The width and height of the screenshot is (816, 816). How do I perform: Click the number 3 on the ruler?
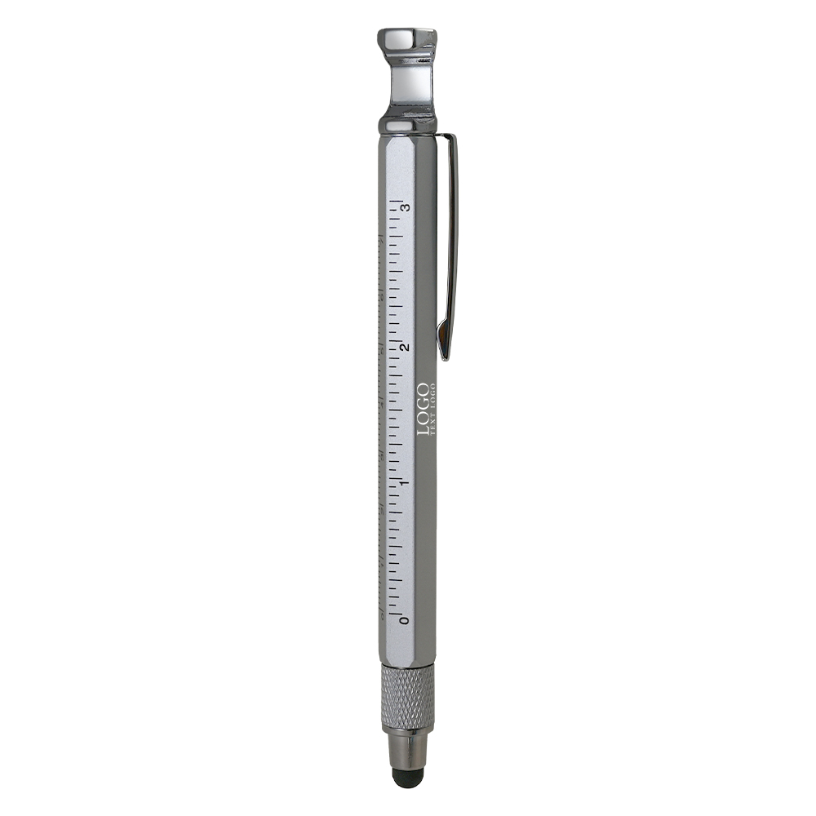tap(405, 206)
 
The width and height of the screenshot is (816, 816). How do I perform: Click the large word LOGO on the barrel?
tap(423, 409)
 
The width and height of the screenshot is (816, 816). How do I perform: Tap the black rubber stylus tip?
tap(406, 777)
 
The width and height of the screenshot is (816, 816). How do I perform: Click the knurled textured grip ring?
tap(407, 698)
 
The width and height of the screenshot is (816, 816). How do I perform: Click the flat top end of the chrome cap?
tap(406, 33)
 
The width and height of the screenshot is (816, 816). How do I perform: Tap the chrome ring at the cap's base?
tap(406, 125)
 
